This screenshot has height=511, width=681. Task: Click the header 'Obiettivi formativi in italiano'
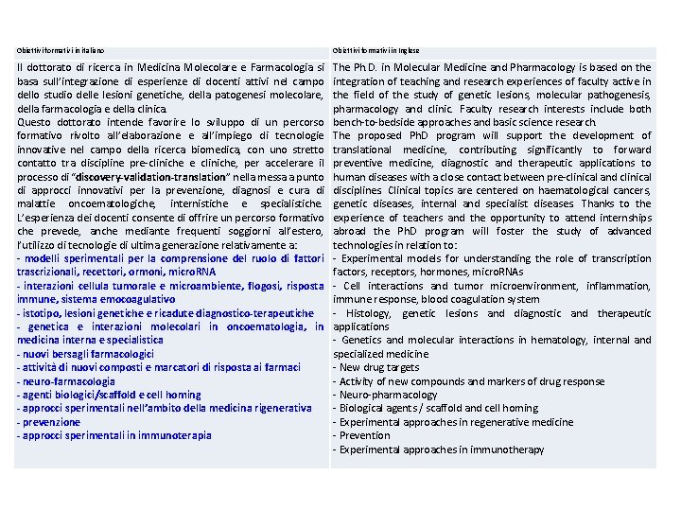click(61, 50)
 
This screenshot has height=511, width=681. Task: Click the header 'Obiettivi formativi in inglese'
click(376, 50)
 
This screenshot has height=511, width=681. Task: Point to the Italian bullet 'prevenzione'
click(51, 422)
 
